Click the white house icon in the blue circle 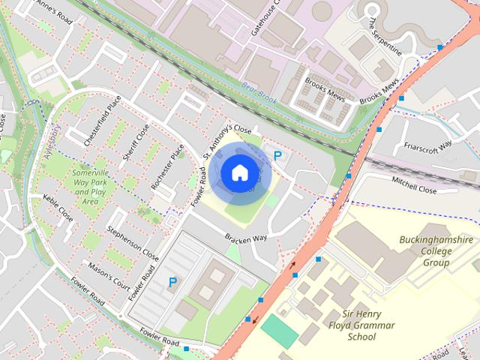pos(239,173)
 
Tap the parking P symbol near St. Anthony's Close pos(277,157)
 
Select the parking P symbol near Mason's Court pos(172,283)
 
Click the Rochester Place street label pos(167,166)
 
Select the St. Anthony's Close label pos(227,140)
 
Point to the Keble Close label pos(58,208)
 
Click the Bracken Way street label pos(246,237)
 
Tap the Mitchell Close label pos(414,184)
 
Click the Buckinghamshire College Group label pos(436,251)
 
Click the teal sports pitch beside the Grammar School pos(279,330)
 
